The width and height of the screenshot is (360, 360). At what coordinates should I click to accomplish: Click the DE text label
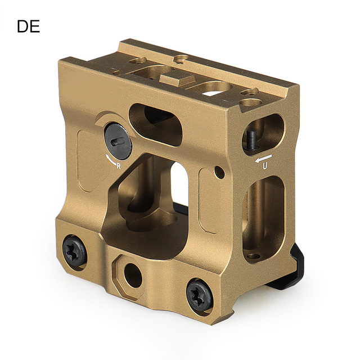[29, 26]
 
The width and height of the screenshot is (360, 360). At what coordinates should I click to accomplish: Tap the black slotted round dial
[118, 141]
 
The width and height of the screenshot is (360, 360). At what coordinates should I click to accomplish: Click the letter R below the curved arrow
[119, 166]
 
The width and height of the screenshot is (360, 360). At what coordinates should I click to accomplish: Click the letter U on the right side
[265, 166]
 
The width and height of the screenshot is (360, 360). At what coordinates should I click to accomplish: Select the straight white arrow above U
[263, 158]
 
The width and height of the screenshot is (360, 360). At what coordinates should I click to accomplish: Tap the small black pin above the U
[251, 140]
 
